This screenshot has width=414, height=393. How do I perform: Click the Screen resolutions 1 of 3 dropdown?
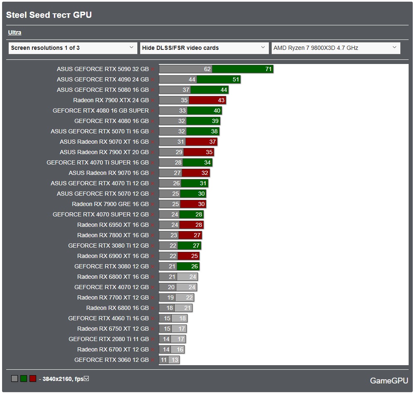click(x=73, y=48)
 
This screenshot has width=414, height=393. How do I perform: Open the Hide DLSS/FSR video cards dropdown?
click(x=204, y=48)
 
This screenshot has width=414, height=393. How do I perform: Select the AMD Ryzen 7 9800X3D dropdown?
click(x=336, y=48)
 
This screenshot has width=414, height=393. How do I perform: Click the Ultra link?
click(x=15, y=32)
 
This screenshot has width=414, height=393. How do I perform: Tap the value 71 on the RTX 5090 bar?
click(x=268, y=69)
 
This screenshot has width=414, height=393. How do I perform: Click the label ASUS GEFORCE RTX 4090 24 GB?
click(x=103, y=79)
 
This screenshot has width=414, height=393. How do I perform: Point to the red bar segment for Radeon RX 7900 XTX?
click(x=207, y=100)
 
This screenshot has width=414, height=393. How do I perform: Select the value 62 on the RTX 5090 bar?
click(x=207, y=69)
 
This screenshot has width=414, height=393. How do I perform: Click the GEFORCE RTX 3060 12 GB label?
click(x=112, y=360)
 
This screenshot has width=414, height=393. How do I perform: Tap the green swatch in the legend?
click(x=24, y=378)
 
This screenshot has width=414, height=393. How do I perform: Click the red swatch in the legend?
click(x=33, y=378)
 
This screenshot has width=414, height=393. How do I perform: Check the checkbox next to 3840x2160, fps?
click(x=86, y=378)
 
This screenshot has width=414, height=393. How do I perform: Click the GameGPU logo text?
click(x=389, y=381)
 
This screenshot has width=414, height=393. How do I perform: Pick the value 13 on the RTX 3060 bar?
click(x=175, y=360)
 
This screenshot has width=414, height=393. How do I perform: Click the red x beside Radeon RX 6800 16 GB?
click(x=153, y=308)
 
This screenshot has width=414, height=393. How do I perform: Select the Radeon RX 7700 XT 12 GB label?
click(x=113, y=297)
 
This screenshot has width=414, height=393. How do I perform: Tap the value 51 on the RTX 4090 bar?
click(x=236, y=79)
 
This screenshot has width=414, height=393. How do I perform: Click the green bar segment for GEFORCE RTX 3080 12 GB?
click(x=188, y=266)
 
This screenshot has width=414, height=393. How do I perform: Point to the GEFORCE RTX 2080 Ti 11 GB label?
click(x=109, y=339)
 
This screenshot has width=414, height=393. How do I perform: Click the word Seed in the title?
click(x=39, y=15)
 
